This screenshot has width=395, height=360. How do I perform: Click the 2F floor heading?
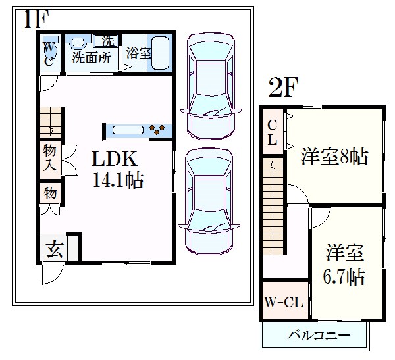[283, 88]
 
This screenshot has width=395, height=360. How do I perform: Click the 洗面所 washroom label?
[91, 57]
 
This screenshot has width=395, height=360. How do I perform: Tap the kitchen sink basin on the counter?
[128, 130]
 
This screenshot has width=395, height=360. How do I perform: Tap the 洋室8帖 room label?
[334, 157]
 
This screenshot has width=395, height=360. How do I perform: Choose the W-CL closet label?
[284, 302]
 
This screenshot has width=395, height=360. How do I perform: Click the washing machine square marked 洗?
[108, 40]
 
